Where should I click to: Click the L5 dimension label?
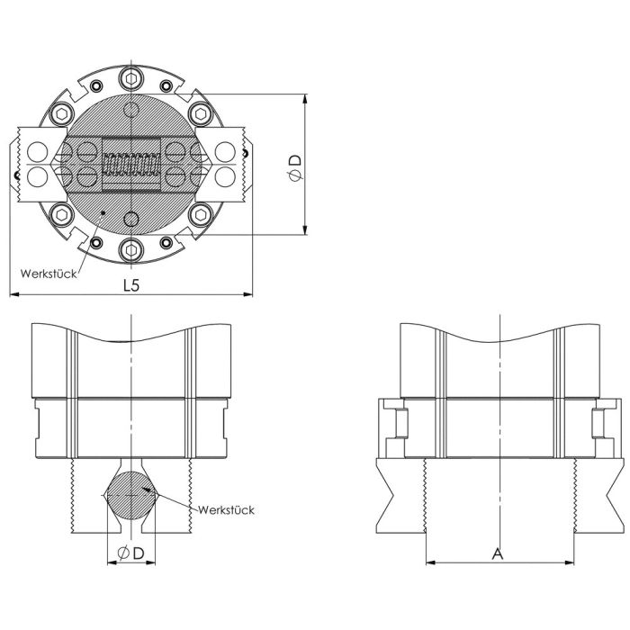click(131, 285)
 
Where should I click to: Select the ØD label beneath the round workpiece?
click(131, 553)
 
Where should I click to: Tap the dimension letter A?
click(498, 553)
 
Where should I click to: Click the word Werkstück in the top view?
click(49, 274)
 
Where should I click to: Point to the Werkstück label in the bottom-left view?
click(226, 510)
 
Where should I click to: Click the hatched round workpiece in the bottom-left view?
click(131, 495)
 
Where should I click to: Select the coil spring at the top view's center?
click(131, 164)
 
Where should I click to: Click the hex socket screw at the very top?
click(131, 79)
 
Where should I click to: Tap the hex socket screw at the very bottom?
click(131, 250)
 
